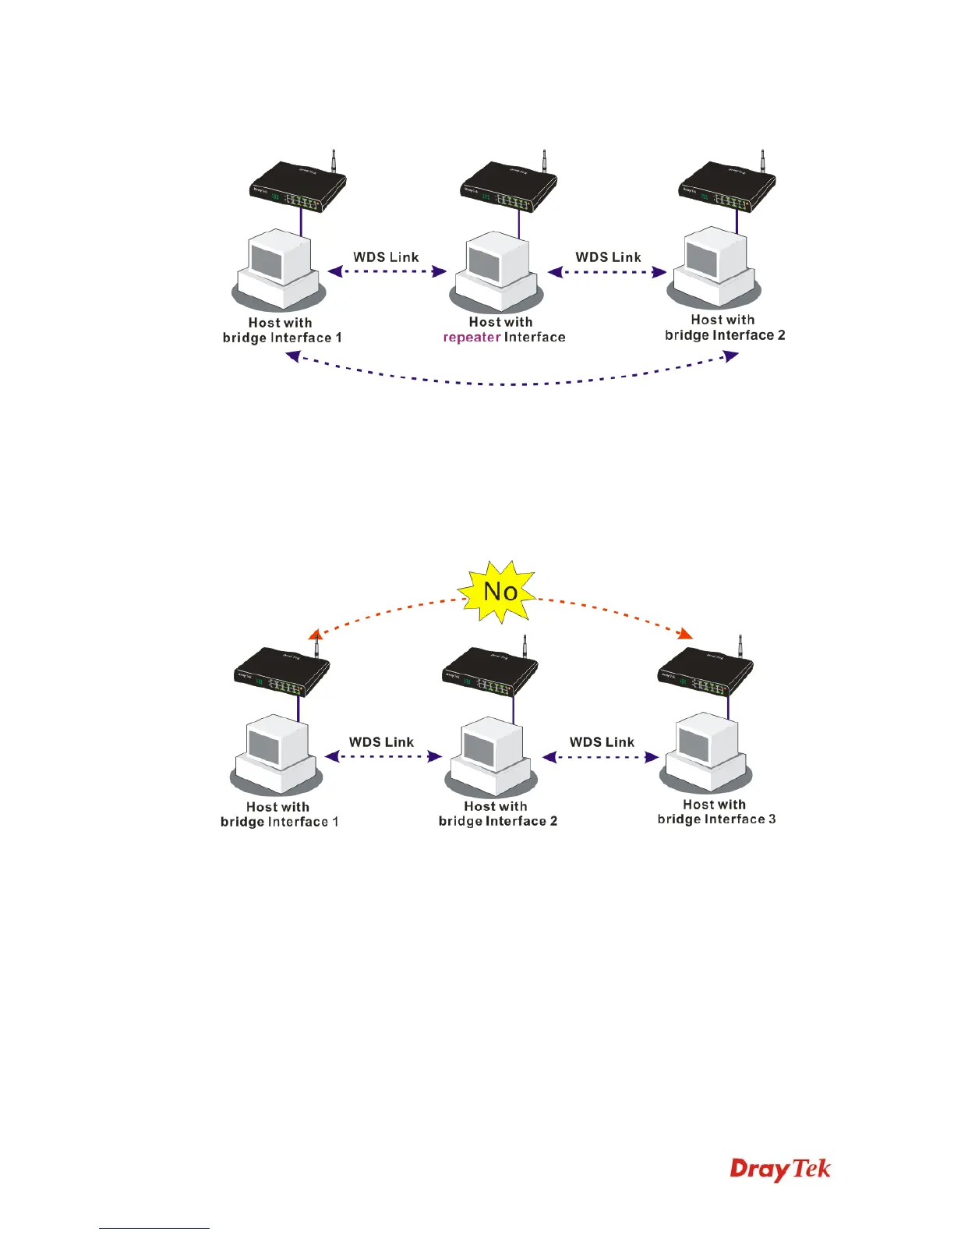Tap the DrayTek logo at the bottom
click(x=780, y=1169)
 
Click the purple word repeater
click(x=472, y=338)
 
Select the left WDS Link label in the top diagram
click(x=386, y=257)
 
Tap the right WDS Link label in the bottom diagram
click(x=602, y=742)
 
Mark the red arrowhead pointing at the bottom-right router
click(x=685, y=632)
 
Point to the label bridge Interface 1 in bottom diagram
click(x=280, y=822)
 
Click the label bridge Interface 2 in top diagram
click(x=725, y=335)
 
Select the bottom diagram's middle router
click(x=490, y=673)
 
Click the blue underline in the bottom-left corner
click(x=154, y=1228)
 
